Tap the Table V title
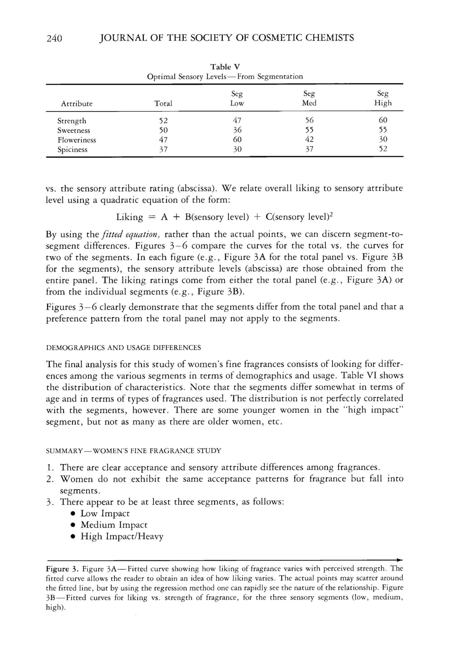(225, 67)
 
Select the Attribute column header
(77, 104)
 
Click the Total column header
(163, 103)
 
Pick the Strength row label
(71, 121)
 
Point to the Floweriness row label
(77, 140)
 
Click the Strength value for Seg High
(383, 120)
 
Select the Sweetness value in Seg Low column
(237, 130)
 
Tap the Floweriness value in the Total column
(163, 140)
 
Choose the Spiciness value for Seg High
(383, 149)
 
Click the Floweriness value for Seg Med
(309, 139)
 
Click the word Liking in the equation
(129, 218)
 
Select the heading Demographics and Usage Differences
(123, 348)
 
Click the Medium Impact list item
(114, 525)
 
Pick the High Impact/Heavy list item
(122, 536)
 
